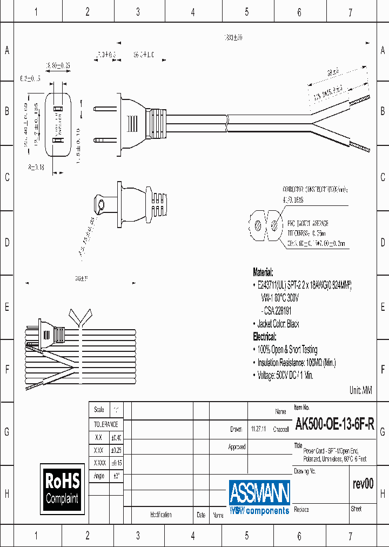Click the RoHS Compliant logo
click(x=62, y=489)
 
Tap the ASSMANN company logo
click(x=259, y=497)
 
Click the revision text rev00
click(x=363, y=484)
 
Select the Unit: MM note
click(x=361, y=390)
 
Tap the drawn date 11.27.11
click(x=257, y=429)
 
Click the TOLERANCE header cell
click(x=106, y=425)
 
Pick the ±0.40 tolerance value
click(x=116, y=437)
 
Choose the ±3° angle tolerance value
click(x=116, y=476)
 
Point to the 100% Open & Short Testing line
click(x=287, y=350)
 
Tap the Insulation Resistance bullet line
click(x=296, y=363)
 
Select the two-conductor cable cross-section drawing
click(x=264, y=229)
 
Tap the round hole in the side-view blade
click(x=100, y=205)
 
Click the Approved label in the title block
click(x=237, y=447)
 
